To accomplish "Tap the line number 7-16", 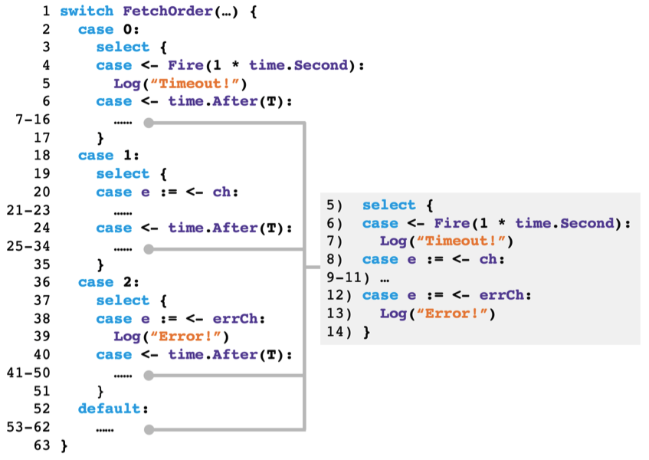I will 31,120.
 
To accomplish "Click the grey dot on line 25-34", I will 149,249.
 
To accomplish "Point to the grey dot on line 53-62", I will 149,429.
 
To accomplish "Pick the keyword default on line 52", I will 110,409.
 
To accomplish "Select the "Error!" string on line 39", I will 188,337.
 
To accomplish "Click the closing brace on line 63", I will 64,445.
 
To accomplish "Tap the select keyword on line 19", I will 123,174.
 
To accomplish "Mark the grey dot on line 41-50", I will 149,376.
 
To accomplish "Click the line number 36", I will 42,282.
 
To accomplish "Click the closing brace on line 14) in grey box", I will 366,332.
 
